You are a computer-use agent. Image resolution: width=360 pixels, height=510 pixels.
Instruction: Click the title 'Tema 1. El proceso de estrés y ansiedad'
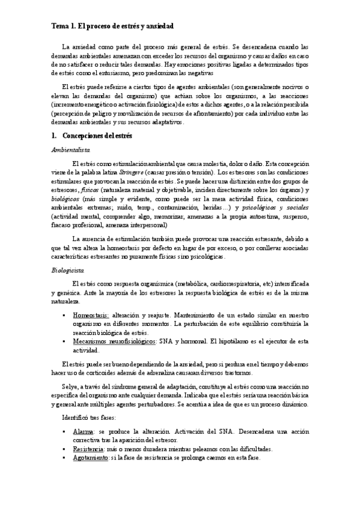pyautogui.click(x=112, y=26)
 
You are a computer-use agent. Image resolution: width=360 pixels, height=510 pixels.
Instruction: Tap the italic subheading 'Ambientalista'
pyautogui.click(x=70, y=150)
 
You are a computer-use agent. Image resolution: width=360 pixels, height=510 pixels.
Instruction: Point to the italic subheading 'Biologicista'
pyautogui.click(x=67, y=271)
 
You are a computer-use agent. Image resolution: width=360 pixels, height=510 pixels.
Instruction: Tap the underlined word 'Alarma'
pyautogui.click(x=83, y=432)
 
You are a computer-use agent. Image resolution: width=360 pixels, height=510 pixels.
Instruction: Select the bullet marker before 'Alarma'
pyautogui.click(x=65, y=432)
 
